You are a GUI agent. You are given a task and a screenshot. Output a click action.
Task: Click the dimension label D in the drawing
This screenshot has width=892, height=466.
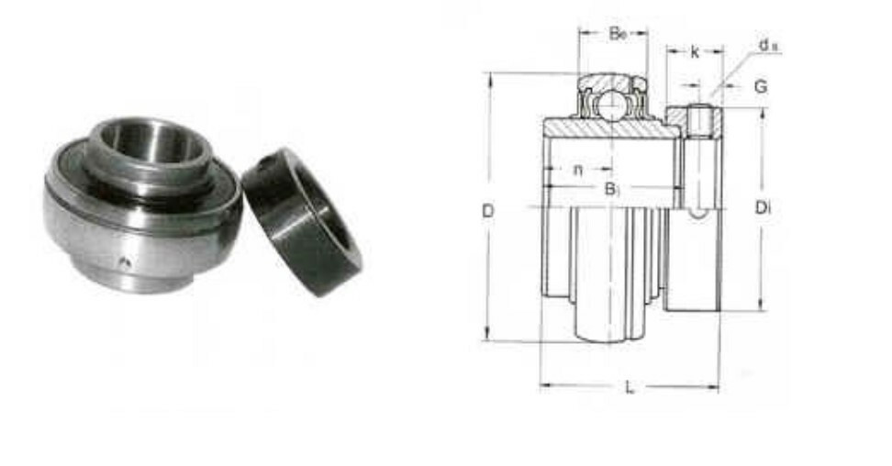click(488, 212)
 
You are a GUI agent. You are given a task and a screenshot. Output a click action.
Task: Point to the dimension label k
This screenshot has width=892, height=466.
click(695, 53)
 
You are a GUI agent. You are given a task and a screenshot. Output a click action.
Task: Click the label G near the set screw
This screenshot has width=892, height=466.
click(761, 87)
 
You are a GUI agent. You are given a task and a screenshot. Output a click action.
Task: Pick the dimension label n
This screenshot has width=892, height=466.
click(578, 170)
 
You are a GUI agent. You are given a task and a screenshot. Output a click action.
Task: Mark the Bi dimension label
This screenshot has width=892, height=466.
click(612, 190)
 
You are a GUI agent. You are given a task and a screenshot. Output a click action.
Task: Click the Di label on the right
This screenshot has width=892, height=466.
click(763, 208)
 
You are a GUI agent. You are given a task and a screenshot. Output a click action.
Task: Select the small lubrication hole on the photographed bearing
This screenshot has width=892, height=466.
click(127, 264)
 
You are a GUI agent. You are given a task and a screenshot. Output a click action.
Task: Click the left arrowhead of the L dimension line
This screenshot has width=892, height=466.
click(544, 386)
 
